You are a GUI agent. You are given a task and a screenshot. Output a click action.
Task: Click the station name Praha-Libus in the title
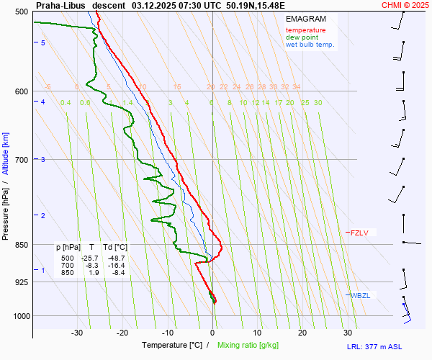[60, 4]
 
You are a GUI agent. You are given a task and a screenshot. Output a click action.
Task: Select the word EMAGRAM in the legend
[305, 19]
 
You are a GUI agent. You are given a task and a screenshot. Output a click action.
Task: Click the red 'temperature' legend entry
[305, 30]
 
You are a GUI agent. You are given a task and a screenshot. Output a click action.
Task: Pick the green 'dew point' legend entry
[302, 37]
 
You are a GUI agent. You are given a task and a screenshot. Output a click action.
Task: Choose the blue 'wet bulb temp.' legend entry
[310, 45]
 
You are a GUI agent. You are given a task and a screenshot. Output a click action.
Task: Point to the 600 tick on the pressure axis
[20, 91]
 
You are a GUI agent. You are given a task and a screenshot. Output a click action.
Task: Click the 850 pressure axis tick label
[20, 245]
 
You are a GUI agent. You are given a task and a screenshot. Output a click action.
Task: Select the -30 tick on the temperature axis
[77, 333]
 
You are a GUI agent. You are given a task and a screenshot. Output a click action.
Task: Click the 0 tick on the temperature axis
[212, 333]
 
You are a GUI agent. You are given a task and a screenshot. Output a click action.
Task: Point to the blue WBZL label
[359, 295]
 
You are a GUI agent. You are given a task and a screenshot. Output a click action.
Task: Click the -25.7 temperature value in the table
[89, 258]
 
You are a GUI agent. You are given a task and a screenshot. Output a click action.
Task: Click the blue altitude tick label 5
[43, 43]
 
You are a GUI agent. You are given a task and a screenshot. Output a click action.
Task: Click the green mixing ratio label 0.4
[66, 103]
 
